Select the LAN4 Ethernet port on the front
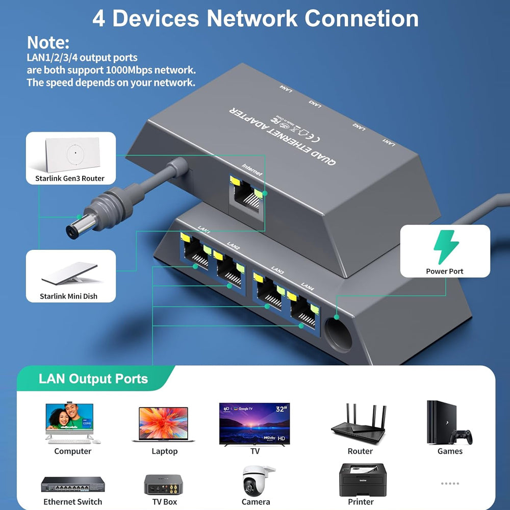303,311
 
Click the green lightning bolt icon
445,247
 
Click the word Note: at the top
48,42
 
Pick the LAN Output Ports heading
93,379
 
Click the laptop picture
163,424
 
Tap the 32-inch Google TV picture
254,423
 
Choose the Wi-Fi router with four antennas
359,423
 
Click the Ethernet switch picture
73,484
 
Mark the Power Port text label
444,271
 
